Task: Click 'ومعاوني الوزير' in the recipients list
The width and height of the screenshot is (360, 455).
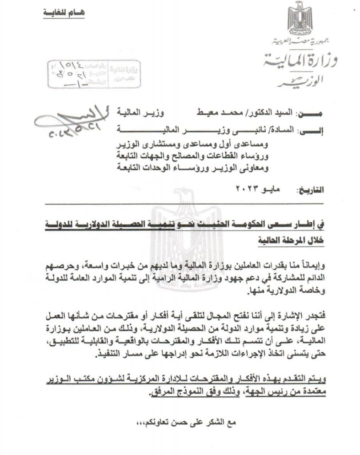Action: point(246,168)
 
